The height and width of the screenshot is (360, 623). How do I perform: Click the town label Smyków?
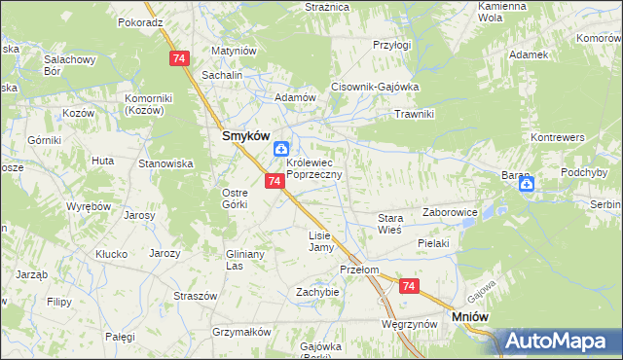pos(243,137)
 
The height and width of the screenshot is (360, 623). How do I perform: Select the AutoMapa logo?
pos(561,342)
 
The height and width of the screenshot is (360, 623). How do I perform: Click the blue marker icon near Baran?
pos(527,183)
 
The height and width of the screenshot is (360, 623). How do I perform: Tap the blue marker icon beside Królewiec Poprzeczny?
pos(280,149)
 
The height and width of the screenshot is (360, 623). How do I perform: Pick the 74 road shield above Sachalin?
pos(177,60)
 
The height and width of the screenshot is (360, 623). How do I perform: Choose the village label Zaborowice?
pos(450,211)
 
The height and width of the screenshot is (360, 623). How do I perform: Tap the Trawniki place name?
pos(413,114)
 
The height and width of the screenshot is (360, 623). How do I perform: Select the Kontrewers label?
pos(553,137)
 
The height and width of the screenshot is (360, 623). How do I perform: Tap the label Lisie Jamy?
pos(320,241)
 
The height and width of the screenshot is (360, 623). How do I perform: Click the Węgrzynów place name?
pos(408,323)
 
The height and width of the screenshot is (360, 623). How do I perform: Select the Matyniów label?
pos(233,51)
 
